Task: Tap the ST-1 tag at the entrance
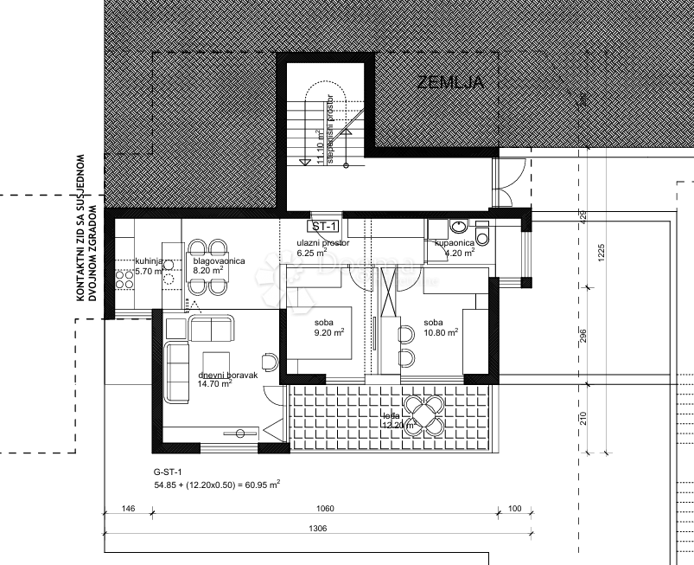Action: (325, 227)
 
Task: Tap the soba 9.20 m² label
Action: (328, 327)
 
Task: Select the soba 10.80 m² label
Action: (441, 327)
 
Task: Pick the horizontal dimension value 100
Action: (514, 509)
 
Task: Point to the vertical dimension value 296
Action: (584, 336)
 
